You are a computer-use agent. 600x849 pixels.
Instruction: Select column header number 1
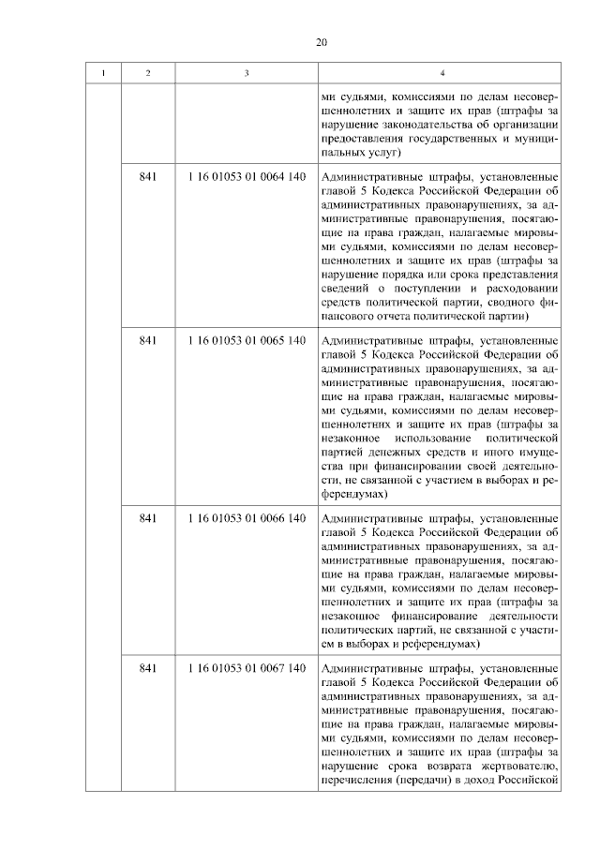(x=103, y=73)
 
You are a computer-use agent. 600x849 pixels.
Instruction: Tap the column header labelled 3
(x=247, y=73)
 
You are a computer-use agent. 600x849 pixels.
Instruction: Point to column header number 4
(x=441, y=73)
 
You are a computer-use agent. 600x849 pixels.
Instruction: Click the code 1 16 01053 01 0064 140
(x=247, y=176)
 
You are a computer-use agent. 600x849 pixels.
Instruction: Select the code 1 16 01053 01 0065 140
(x=247, y=340)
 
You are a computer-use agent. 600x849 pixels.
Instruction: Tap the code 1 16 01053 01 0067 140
(x=247, y=668)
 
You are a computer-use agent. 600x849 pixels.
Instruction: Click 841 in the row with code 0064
(x=147, y=176)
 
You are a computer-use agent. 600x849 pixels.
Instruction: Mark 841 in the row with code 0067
(x=147, y=668)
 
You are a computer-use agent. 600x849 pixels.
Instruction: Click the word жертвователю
(x=520, y=767)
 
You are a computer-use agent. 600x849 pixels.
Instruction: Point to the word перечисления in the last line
(x=357, y=781)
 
